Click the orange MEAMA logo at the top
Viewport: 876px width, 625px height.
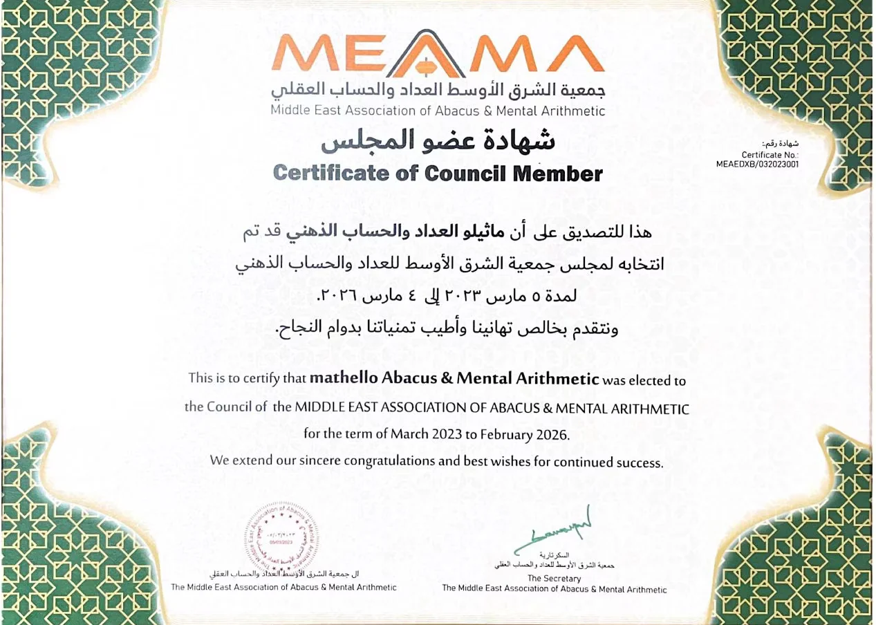coord(438,55)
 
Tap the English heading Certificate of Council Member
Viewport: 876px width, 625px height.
coord(438,173)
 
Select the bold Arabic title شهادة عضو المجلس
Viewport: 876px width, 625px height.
coord(438,141)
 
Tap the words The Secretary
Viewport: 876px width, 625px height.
coord(554,578)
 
